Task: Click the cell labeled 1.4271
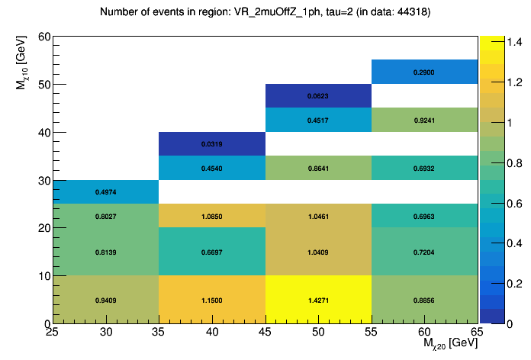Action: pos(318,300)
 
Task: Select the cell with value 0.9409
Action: pos(106,300)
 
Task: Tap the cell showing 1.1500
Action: pos(212,300)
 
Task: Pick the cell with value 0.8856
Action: pos(424,300)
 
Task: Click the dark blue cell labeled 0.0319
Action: pos(212,143)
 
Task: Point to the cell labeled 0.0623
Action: pos(318,96)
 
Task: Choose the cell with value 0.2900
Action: pos(424,72)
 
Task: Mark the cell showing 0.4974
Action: pos(106,191)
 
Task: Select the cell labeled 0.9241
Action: pos(424,120)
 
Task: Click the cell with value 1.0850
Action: pos(212,216)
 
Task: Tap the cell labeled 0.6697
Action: pos(212,252)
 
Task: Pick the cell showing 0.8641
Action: pos(318,168)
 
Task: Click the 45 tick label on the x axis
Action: pos(265,332)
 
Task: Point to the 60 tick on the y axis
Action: pos(43,37)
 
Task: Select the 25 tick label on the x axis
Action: pos(53,332)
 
